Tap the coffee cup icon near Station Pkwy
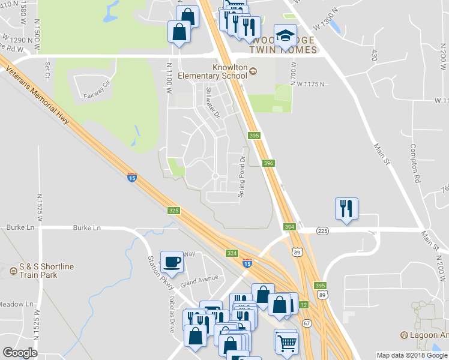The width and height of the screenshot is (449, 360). point(172,262)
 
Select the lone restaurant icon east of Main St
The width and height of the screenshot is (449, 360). point(346,209)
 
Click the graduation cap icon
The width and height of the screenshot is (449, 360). point(285,35)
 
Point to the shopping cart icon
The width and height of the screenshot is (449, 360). point(287,343)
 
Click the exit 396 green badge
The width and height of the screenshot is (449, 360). point(268,163)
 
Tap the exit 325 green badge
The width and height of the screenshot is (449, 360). point(174,211)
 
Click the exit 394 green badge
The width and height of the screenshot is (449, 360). point(290,226)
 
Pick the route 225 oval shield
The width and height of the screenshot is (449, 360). point(323,230)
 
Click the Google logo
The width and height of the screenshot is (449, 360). point(20,353)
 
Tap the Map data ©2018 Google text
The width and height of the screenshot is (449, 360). point(412,355)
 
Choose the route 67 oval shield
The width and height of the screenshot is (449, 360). point(307,323)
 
